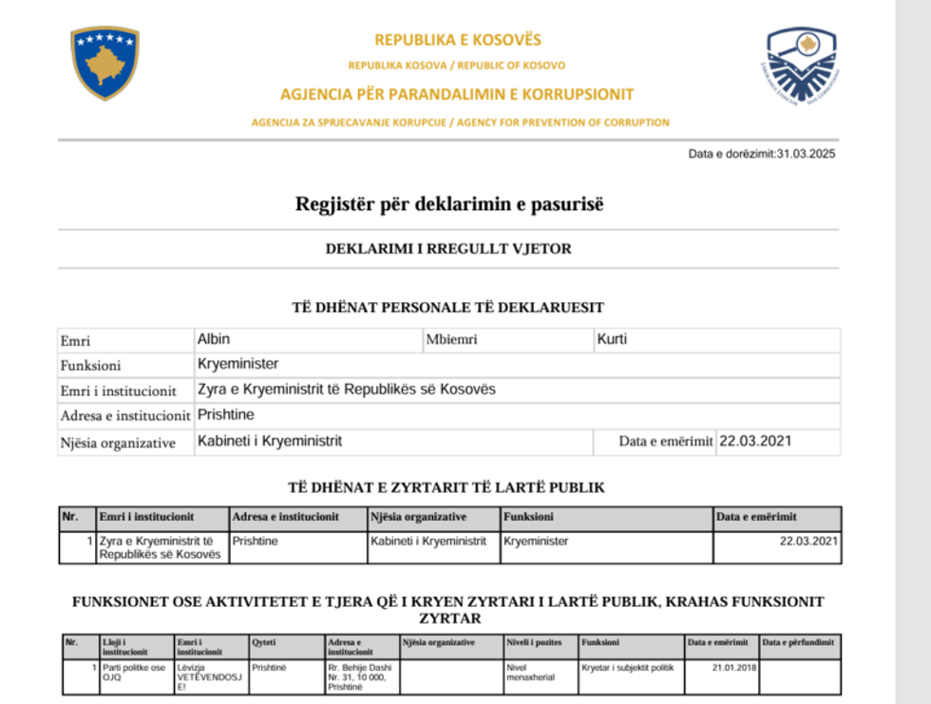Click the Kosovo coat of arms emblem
104,63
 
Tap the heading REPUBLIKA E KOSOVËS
457,40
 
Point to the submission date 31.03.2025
806,154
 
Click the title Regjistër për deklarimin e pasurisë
449,204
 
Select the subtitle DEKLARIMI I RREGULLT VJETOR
448,249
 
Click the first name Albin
214,339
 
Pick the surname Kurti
612,339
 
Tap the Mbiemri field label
451,340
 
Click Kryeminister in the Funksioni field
237,364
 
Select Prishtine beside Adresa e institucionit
226,415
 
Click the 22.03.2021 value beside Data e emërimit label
755,441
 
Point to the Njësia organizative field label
118,442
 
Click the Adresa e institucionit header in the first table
285,517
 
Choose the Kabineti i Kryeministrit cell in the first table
427,542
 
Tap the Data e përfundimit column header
798,643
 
